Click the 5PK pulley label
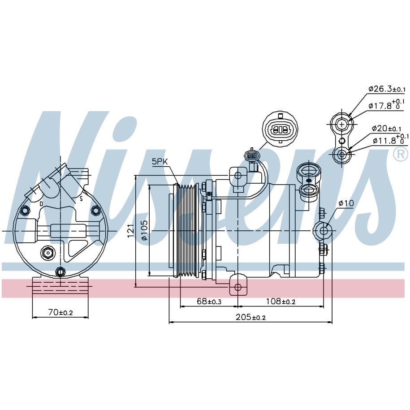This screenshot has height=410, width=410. [160, 162]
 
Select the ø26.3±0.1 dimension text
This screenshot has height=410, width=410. [387, 89]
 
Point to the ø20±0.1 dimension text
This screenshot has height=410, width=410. [386, 129]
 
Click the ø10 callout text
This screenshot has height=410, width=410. [346, 203]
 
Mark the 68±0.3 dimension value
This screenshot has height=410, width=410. [209, 301]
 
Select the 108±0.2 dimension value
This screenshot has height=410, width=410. [281, 301]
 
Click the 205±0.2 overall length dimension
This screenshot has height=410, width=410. [250, 317]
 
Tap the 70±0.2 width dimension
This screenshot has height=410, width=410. [60, 312]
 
